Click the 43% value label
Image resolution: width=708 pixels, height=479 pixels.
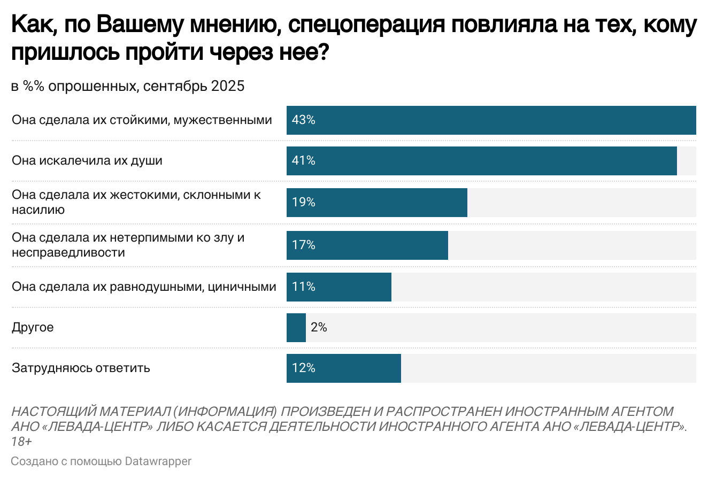pos(303,120)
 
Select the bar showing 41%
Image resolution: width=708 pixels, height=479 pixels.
pos(481,161)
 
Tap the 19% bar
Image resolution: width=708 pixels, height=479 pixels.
pos(376,203)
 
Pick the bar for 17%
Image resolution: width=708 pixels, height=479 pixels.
pos(367,245)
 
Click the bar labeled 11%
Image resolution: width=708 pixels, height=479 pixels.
pos(338,287)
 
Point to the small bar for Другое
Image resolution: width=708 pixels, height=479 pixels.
pos(296,328)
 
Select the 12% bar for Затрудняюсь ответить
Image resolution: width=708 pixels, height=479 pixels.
pos(343,368)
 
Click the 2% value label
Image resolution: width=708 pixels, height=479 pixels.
pos(319,327)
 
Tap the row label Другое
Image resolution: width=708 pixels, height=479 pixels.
pos(33,327)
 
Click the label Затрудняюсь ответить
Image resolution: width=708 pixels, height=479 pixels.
pos(81,368)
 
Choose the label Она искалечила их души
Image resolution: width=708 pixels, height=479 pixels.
pos(87,161)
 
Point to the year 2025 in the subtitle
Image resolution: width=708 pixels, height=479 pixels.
pos(227,86)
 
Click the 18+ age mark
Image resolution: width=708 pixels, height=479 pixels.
pos(21,442)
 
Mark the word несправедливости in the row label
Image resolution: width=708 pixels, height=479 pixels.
pos(68,252)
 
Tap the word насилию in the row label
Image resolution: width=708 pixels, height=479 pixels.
pos(38,210)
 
